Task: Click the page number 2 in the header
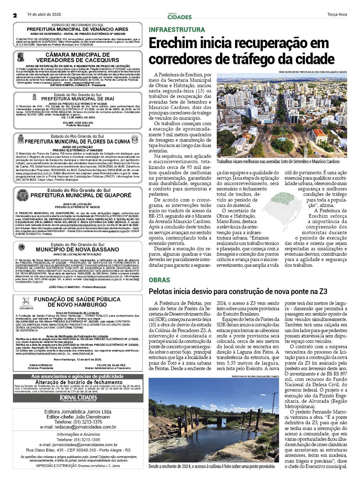click(15, 15)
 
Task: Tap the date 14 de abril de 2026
click(45, 14)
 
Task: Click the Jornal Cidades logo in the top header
click(179, 16)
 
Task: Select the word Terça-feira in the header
click(337, 15)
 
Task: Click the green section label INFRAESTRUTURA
click(177, 30)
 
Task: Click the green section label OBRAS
click(159, 280)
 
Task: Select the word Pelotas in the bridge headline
click(160, 292)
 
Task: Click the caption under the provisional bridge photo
click(211, 466)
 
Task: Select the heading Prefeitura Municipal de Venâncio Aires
click(78, 29)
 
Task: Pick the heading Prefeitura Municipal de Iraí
click(78, 99)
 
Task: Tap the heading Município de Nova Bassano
click(78, 250)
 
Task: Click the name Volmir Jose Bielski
click(78, 122)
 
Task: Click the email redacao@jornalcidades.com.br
click(88, 427)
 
